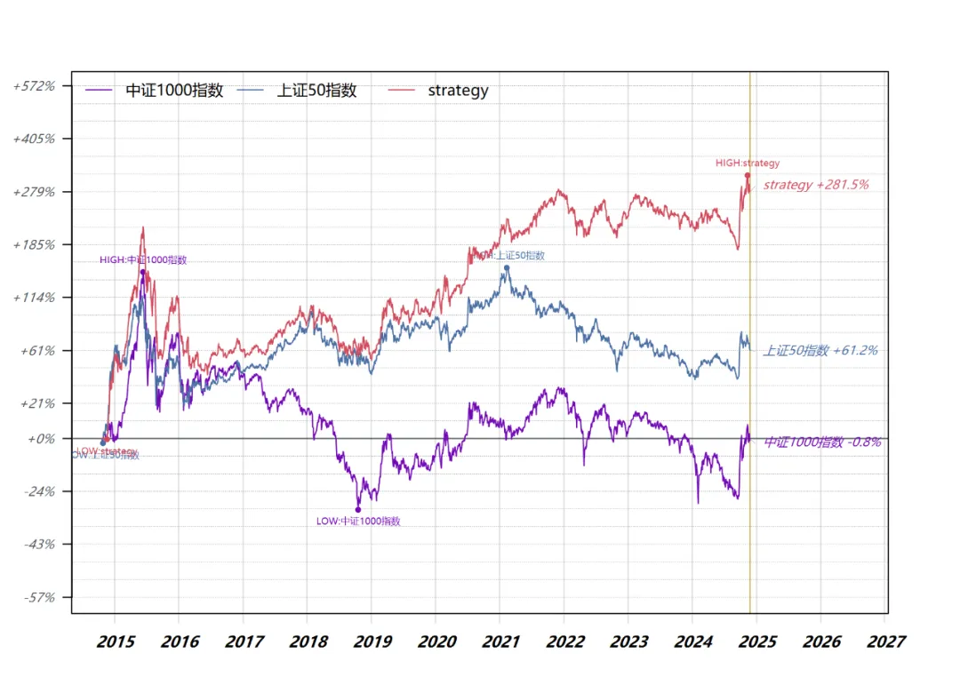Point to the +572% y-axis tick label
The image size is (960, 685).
tap(35, 86)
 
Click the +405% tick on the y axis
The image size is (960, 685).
tap(35, 139)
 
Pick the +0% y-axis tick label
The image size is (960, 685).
tap(41, 439)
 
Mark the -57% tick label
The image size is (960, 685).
tap(38, 597)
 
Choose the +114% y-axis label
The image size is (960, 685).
tap(35, 298)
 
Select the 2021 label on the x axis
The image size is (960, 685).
tap(500, 641)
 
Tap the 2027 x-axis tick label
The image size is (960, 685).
tap(885, 641)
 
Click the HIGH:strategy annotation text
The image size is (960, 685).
tap(748, 163)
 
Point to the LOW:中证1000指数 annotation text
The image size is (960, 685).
tap(358, 522)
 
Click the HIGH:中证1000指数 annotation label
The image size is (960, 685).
tap(143, 260)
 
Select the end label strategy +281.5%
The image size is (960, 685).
tap(816, 185)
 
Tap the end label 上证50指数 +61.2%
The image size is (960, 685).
tap(820, 351)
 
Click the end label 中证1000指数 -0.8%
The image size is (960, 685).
tap(823, 442)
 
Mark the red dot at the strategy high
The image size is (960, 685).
tap(748, 176)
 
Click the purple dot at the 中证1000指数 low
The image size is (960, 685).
tap(358, 510)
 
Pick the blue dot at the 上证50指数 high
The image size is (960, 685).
tap(507, 267)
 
